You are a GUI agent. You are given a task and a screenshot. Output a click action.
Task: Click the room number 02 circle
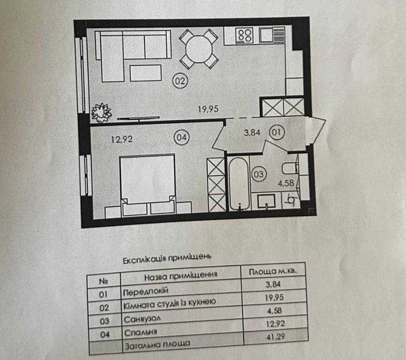pos(180,81)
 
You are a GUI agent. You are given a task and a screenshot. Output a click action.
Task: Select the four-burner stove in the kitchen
pos(245,35)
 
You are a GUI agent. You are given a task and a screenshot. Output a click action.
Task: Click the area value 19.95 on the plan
pos(208,109)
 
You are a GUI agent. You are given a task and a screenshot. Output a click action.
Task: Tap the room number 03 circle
pos(258,174)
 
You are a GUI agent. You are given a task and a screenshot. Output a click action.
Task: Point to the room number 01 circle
pos(277,132)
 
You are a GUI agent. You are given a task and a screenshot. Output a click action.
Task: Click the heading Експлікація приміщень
pos(167,258)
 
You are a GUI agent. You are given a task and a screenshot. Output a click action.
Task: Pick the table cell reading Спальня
pos(138,332)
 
